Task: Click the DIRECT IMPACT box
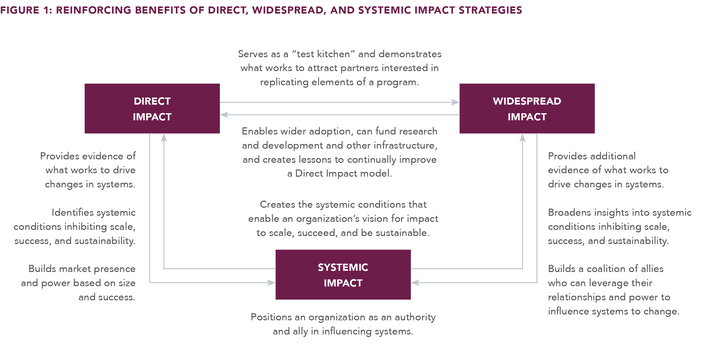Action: (152, 108)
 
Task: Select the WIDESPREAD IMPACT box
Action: (527, 108)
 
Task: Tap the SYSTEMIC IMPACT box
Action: (343, 274)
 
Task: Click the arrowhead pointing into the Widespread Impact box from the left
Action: (455, 102)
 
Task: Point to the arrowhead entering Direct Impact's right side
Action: (224, 115)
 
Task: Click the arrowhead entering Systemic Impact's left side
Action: (271, 282)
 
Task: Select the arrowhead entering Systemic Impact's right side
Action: (415, 282)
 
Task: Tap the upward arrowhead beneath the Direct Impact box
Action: (164, 138)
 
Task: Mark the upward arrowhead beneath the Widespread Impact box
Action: (522, 138)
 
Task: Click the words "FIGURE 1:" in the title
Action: (26, 10)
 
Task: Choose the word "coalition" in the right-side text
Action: (606, 269)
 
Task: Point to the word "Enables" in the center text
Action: (260, 131)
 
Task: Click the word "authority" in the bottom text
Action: (415, 317)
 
